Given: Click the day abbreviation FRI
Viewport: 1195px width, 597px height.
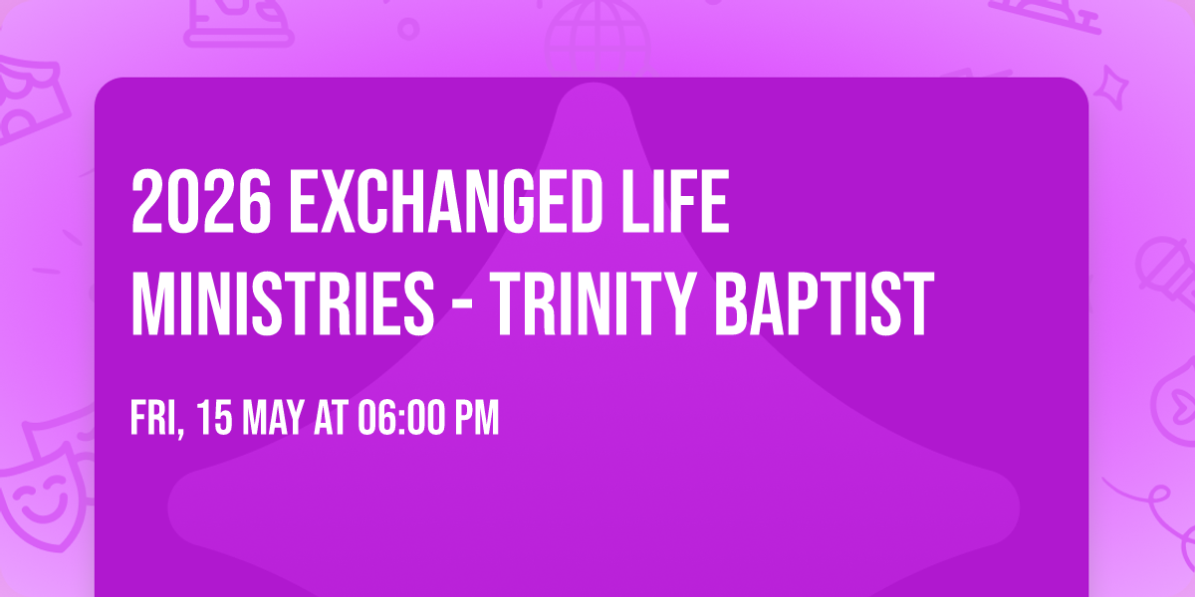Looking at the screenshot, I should pos(155,419).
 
